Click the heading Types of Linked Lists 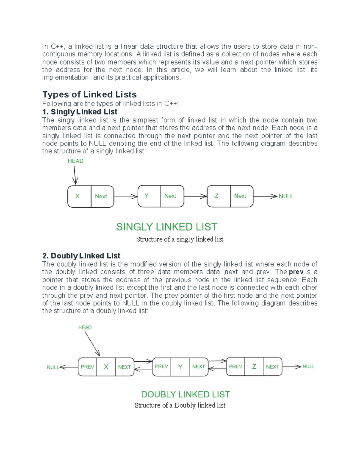[89, 95]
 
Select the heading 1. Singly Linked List [80, 112]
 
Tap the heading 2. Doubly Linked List [81, 256]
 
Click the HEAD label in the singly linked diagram [76, 161]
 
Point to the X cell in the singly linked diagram [77, 196]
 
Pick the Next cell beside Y [170, 196]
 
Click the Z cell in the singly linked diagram [217, 196]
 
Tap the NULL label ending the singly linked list [286, 196]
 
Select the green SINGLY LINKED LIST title [166, 227]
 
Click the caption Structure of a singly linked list [180, 239]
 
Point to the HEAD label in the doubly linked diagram [85, 327]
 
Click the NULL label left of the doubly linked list [53, 367]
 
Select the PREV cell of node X [88, 367]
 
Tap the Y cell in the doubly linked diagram [180, 367]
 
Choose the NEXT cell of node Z [272, 367]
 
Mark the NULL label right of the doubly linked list [308, 366]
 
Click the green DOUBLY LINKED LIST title [185, 394]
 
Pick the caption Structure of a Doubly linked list [180, 405]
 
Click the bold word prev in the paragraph [296, 272]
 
